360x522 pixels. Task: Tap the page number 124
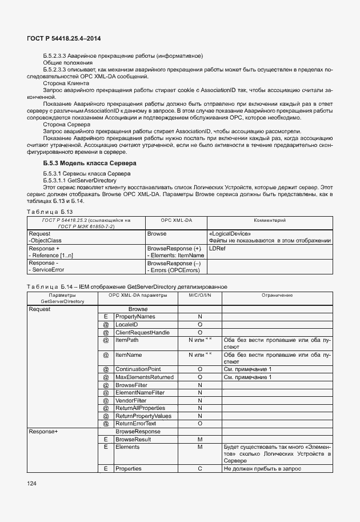point(32,484)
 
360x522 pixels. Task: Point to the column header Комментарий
point(269,220)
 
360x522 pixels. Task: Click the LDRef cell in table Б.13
point(217,249)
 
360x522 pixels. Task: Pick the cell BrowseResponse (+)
point(174,249)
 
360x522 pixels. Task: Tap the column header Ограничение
point(277,296)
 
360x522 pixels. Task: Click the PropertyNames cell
point(135,316)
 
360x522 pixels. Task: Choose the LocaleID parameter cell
point(127,324)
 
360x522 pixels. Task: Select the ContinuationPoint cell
point(138,369)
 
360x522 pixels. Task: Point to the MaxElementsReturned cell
point(145,377)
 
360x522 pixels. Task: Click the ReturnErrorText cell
point(135,424)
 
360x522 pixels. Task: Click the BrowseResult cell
point(133,439)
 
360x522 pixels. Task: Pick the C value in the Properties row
point(200,469)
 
